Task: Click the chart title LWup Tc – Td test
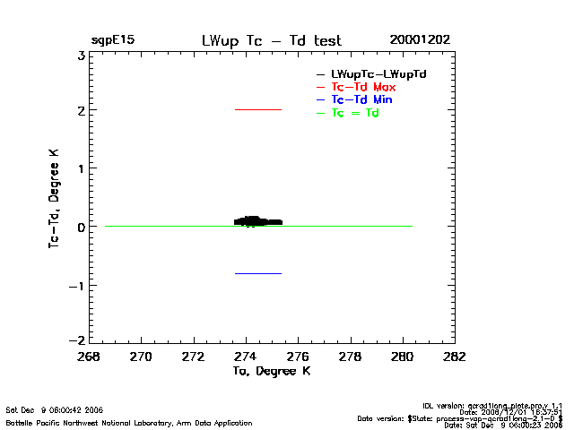[x=271, y=40]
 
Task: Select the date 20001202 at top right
[x=420, y=40]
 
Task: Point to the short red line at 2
[x=258, y=109]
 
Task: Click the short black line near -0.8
[x=258, y=273]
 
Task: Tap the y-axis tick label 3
[x=81, y=55]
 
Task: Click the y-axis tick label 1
[x=81, y=169]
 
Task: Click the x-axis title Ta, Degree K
[x=271, y=371]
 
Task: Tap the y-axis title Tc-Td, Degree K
[x=55, y=198]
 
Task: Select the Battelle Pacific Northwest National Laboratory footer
[x=129, y=423]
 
